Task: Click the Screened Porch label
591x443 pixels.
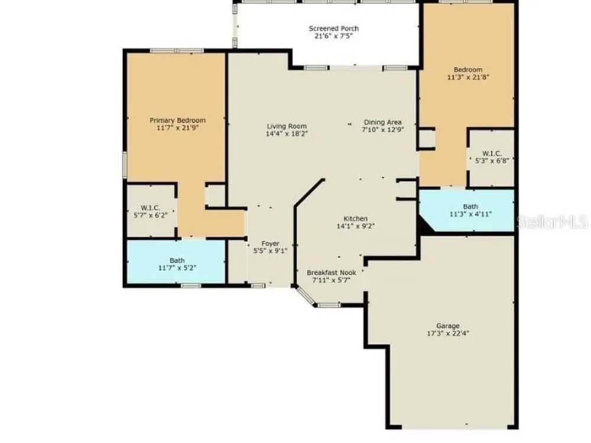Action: coord(333,28)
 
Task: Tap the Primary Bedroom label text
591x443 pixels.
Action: coord(177,120)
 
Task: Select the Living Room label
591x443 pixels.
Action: coord(287,126)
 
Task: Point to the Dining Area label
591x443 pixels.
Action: coord(382,122)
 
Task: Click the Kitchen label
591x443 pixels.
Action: coord(355,219)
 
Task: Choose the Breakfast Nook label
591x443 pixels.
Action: coord(332,273)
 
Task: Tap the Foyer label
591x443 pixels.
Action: coord(270,243)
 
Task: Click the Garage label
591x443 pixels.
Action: coord(448,326)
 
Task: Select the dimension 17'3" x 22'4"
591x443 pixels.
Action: coord(448,333)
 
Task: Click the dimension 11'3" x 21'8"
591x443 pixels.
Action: coord(468,77)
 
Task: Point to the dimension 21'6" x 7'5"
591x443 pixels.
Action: coord(333,36)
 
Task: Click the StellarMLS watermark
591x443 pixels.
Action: coord(552,222)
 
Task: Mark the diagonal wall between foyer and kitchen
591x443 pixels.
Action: coord(310,193)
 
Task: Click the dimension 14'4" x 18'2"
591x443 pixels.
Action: coord(287,133)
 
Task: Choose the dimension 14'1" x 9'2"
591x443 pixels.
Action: coord(355,226)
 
